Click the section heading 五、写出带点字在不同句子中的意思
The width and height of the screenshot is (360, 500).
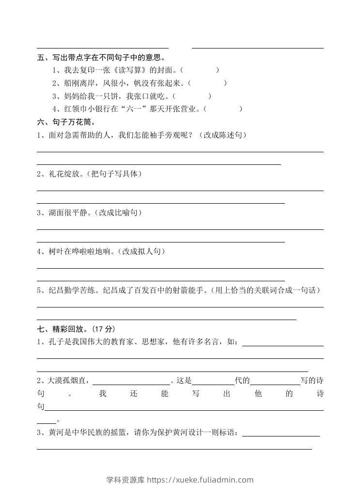[x=101, y=58]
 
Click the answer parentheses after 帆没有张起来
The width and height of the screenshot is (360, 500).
[x=207, y=83]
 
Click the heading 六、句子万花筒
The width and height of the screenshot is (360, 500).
[x=66, y=122]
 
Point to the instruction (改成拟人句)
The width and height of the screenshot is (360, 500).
[x=141, y=251]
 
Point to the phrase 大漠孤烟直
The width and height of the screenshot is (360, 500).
[x=68, y=381]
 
